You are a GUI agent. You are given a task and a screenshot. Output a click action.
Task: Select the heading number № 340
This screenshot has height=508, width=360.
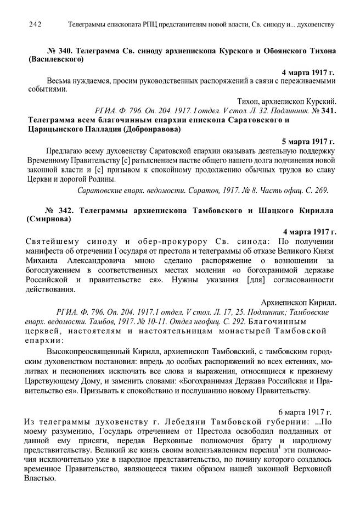click(x=61, y=51)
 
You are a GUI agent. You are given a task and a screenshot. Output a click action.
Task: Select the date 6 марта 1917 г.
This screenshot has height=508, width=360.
click(x=307, y=411)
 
